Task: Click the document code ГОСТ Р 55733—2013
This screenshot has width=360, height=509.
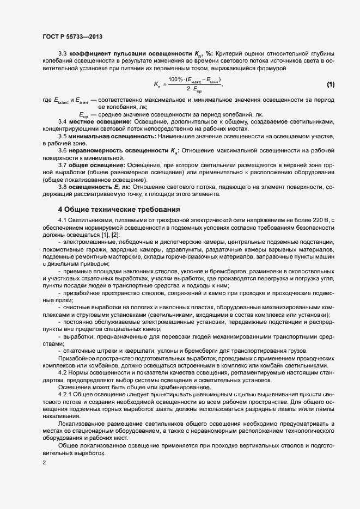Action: pyautogui.click(x=72, y=36)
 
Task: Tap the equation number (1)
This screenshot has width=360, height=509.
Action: pyautogui.click(x=331, y=84)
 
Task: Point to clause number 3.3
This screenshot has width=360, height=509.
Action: pyautogui.click(x=62, y=54)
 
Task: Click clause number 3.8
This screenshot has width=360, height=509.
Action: pyautogui.click(x=62, y=187)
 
